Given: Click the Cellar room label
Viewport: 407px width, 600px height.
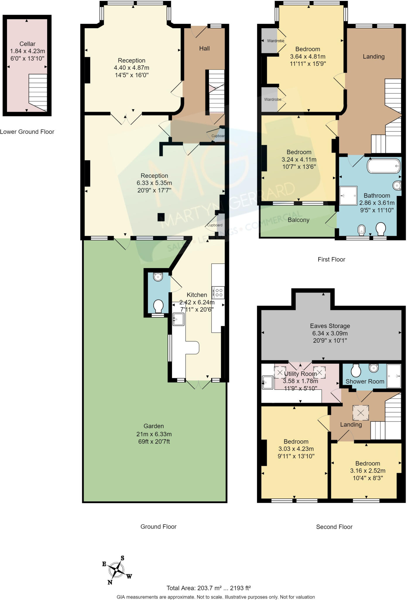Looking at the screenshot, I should click(x=27, y=44).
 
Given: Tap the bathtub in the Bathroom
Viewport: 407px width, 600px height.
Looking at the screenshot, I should click(x=384, y=166).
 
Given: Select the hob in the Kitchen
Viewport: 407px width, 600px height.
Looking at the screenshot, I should click(x=219, y=292).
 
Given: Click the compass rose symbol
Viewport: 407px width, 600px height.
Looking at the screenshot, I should click(x=117, y=570).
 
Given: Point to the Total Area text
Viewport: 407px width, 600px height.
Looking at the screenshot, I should click(x=209, y=588).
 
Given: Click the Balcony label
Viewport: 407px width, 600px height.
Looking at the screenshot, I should click(x=298, y=220).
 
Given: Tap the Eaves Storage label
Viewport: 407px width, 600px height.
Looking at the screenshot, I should click(x=330, y=326).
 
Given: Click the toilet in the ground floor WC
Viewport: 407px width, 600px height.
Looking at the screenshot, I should click(x=158, y=306).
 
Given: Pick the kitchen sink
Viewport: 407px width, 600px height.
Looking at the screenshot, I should click(x=178, y=319).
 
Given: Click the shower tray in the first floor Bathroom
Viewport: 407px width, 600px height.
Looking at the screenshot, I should click(x=348, y=195).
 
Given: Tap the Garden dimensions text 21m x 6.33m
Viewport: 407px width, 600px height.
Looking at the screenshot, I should click(x=154, y=434).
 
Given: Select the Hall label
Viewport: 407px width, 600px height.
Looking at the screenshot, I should click(x=204, y=48).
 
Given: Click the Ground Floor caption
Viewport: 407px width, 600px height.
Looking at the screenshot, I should click(x=158, y=526).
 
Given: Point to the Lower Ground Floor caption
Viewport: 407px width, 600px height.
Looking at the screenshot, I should click(x=27, y=132).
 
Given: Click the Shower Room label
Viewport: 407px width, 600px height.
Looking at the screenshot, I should click(x=365, y=381).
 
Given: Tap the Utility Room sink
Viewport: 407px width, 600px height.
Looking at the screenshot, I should click(x=267, y=383).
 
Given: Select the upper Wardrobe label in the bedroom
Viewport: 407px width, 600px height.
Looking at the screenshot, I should click(x=275, y=41).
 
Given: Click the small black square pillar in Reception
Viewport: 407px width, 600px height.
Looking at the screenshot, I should click(x=161, y=217).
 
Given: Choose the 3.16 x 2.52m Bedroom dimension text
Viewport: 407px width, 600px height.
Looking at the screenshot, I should click(x=367, y=471).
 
